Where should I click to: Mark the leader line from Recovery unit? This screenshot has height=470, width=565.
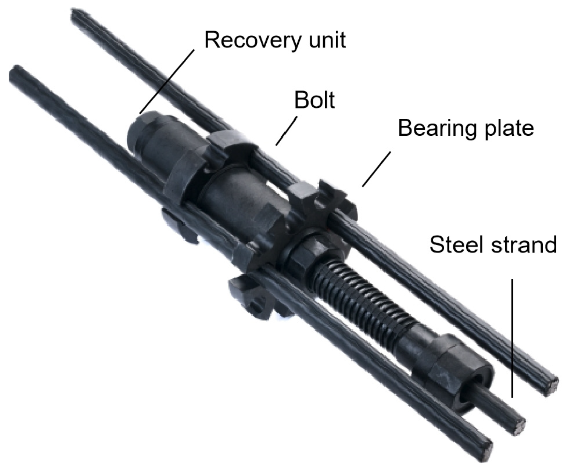pyautogui.click(x=167, y=81)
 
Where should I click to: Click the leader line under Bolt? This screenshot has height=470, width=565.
pyautogui.click(x=287, y=130)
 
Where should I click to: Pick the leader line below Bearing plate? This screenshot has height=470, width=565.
pyautogui.click(x=376, y=169)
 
